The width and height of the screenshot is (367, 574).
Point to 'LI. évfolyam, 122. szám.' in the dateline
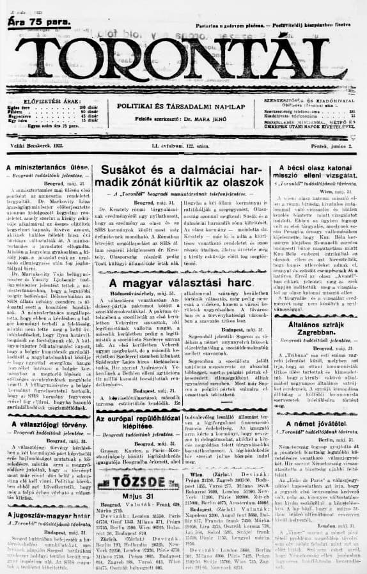pos(183,147)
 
